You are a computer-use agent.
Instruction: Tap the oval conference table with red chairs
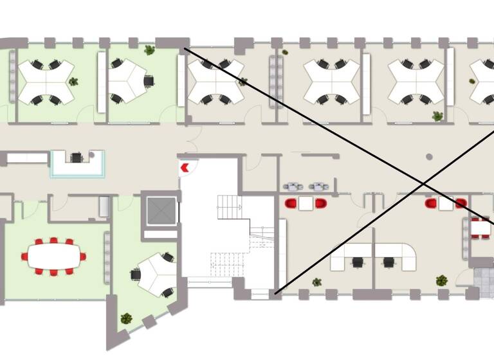[53, 256]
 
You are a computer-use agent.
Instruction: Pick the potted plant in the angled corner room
[126, 318]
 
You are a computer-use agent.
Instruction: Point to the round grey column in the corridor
[429, 156]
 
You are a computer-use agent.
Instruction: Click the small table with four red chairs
[480, 227]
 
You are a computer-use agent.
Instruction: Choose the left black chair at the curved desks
[358, 262]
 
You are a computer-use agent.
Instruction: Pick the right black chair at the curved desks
[389, 262]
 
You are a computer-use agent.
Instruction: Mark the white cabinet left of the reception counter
[27, 157]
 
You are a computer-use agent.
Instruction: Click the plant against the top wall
[150, 50]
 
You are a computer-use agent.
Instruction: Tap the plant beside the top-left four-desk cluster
[73, 82]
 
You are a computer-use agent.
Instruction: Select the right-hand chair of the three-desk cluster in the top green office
[149, 81]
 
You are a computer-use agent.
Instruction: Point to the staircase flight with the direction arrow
[230, 207]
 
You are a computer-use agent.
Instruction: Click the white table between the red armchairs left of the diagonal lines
[306, 203]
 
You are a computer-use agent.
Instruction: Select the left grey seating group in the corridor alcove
[294, 187]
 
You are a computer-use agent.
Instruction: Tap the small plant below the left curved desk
[316, 282]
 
